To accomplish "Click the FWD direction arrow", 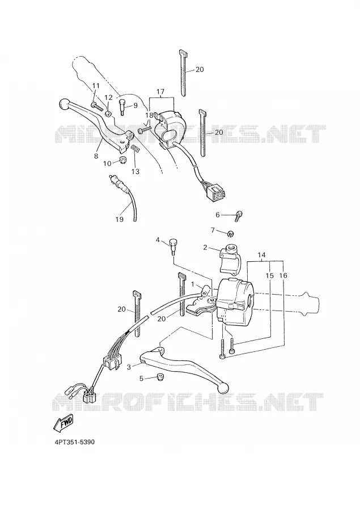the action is (x=64, y=423).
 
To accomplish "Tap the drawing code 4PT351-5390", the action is (x=75, y=443).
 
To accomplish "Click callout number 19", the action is (x=120, y=219).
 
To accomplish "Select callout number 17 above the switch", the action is (x=160, y=92).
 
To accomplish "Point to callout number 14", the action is (x=261, y=256).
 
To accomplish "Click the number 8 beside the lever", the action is (x=96, y=156).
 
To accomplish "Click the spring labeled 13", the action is (x=135, y=150).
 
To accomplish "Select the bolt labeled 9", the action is (x=122, y=107).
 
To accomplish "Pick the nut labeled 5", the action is (x=159, y=377).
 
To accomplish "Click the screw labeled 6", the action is (x=239, y=215).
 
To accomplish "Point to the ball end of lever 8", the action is (x=65, y=104).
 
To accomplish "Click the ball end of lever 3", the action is (x=223, y=388).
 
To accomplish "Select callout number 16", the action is (x=283, y=275).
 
